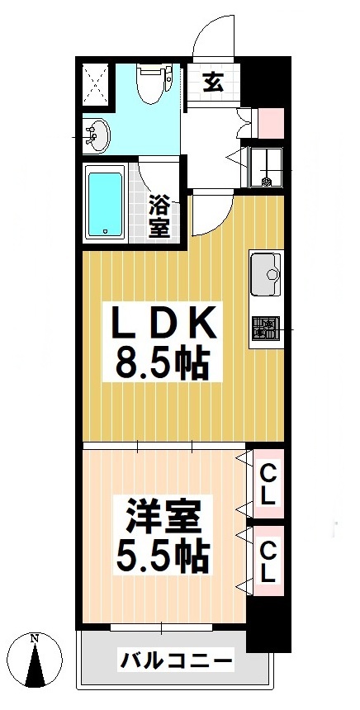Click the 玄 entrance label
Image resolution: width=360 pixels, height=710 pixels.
[212, 82]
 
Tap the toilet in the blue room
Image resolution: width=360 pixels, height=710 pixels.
[153, 84]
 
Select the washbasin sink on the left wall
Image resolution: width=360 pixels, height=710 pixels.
[97, 135]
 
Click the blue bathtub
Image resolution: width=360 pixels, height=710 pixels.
[105, 202]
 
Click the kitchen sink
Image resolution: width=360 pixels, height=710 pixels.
[266, 272]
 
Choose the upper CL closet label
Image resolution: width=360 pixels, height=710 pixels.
[268, 485]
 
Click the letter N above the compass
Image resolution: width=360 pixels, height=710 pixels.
[34, 638]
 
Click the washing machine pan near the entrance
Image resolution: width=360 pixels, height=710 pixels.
[268, 168]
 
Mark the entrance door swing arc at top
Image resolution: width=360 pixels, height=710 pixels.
[206, 37]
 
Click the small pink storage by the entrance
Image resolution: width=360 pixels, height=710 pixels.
[272, 122]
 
